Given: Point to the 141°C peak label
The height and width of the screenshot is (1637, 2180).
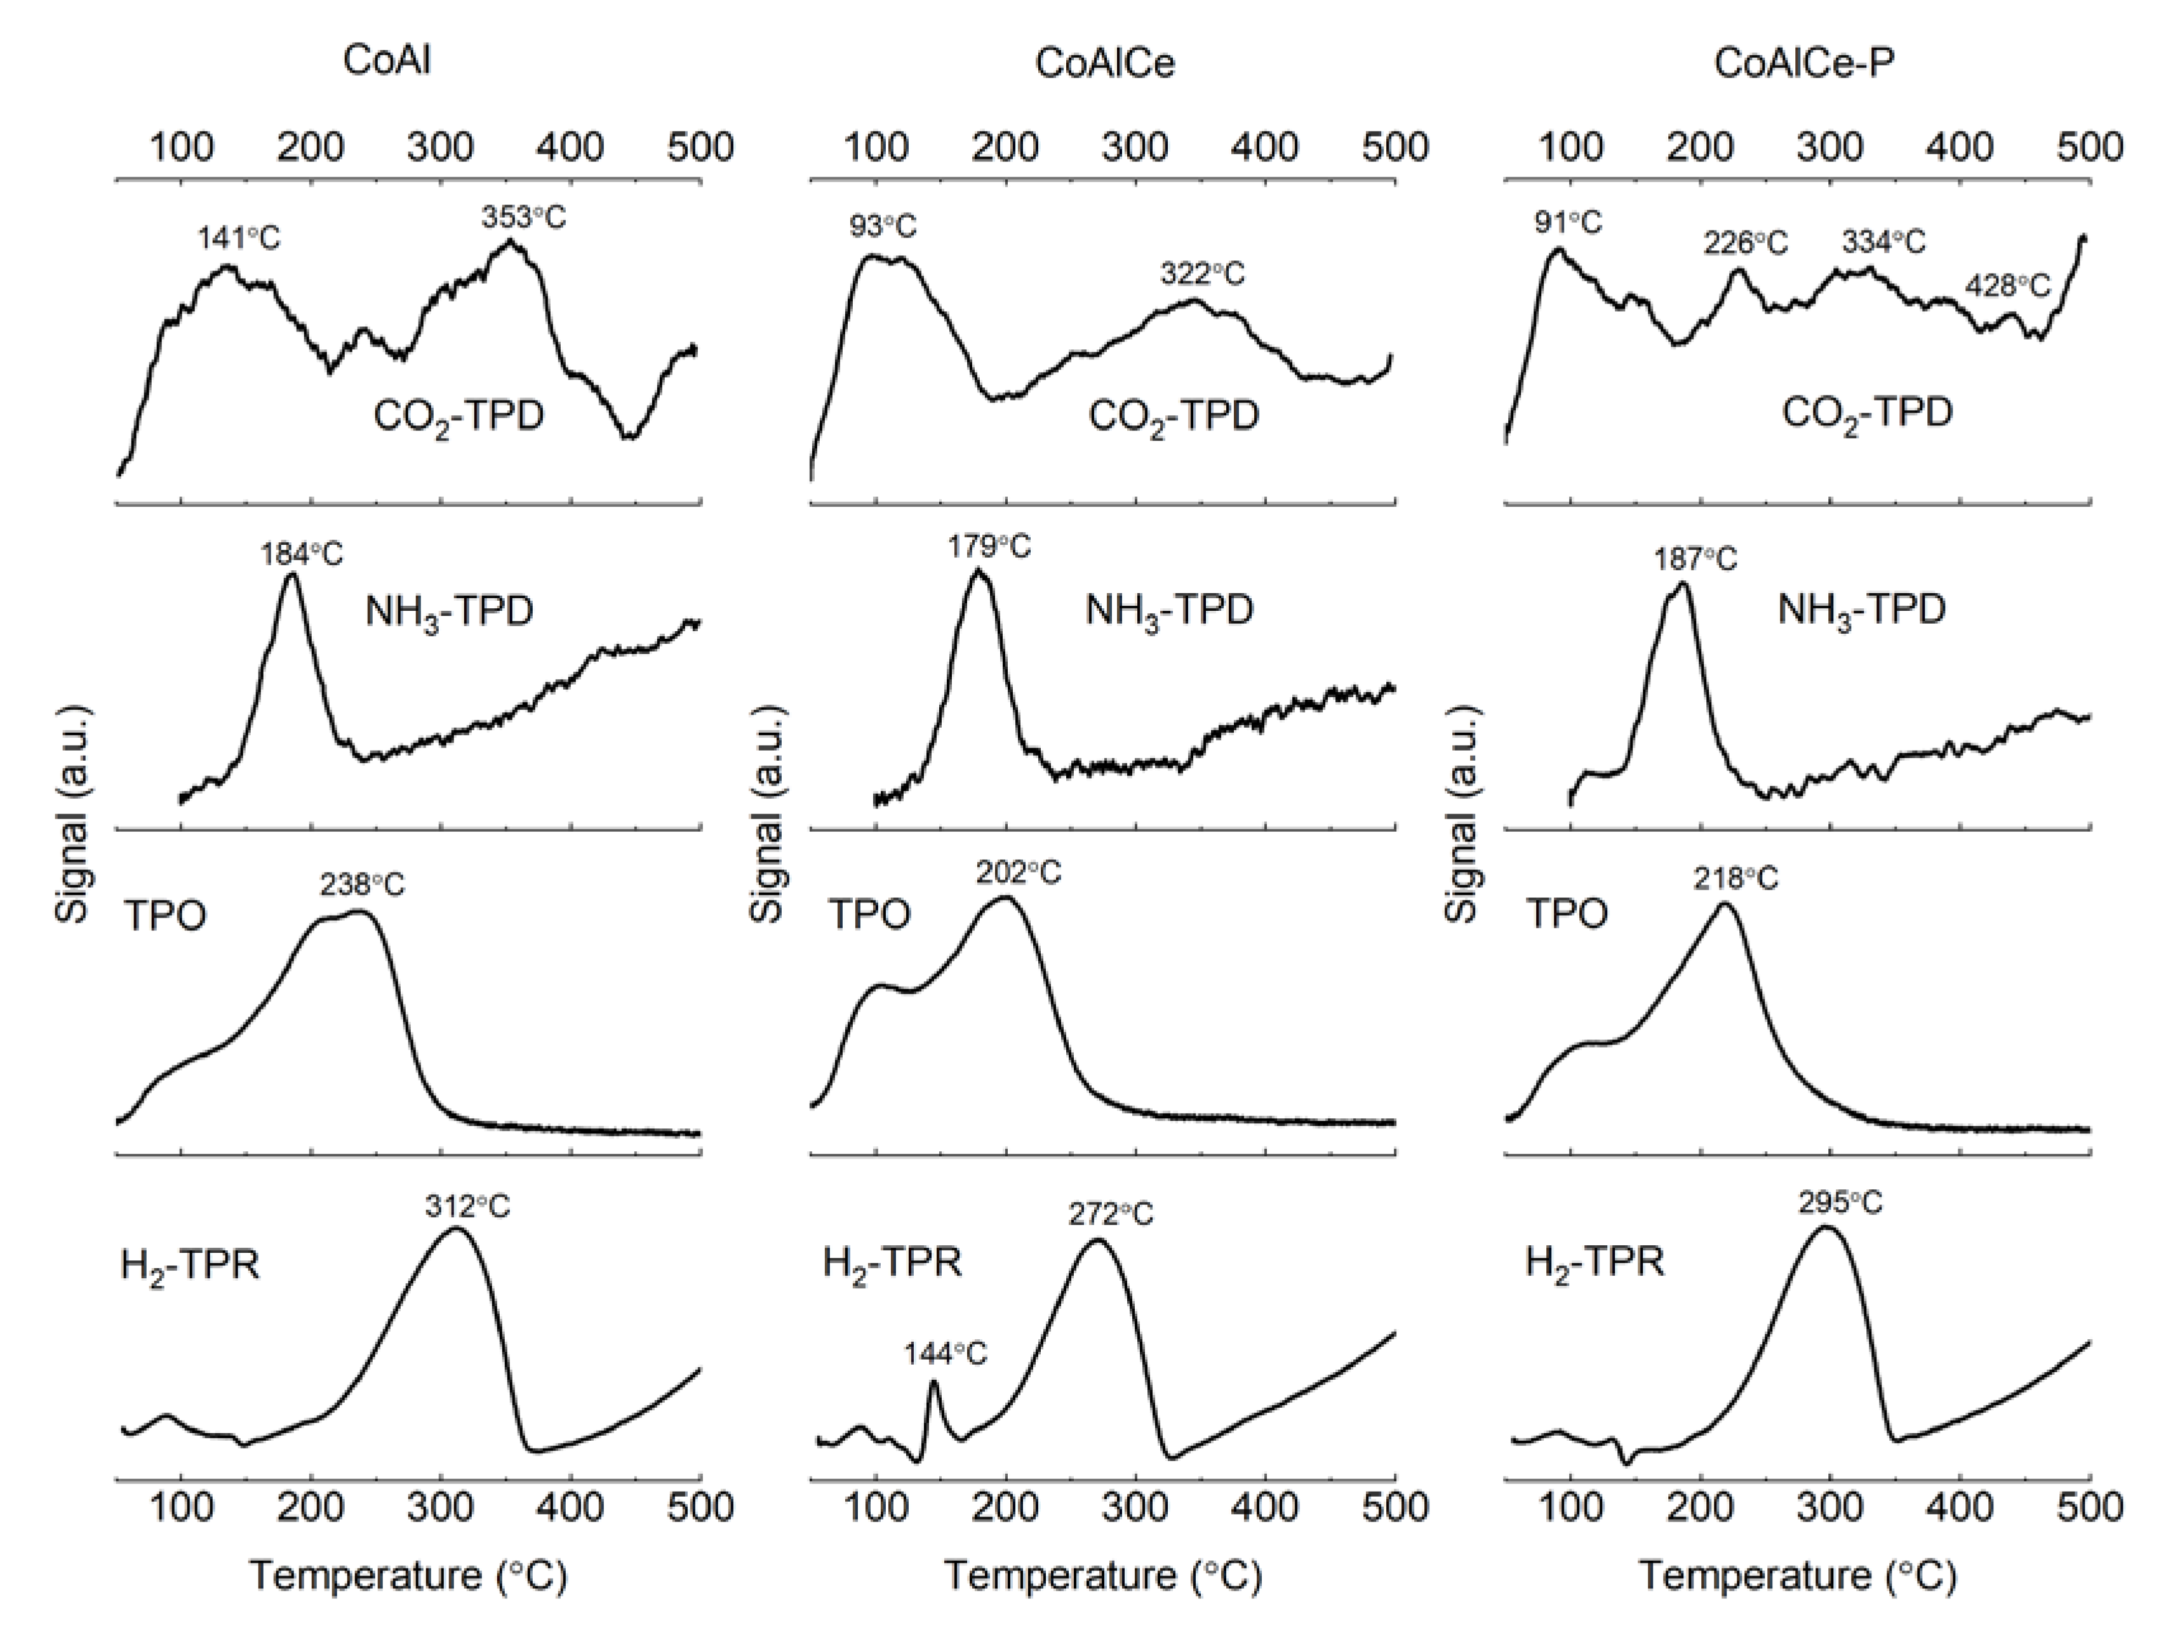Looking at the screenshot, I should [x=239, y=237].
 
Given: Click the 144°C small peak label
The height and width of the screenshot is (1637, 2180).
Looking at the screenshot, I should [x=945, y=1354].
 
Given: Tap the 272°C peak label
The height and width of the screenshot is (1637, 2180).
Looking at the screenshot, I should [x=1111, y=1214].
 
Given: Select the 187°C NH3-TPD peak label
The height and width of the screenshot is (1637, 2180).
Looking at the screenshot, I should [x=1695, y=560].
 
